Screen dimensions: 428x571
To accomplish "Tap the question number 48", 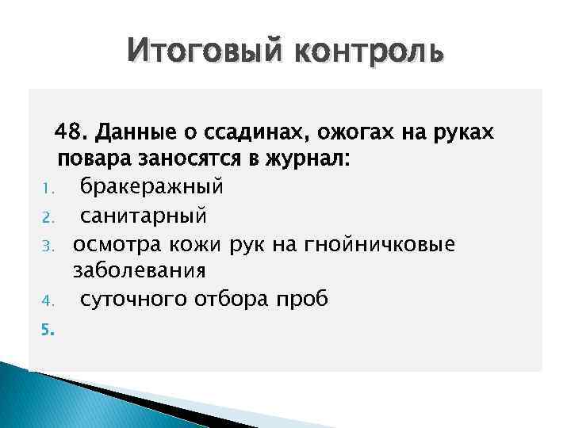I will point(71,131).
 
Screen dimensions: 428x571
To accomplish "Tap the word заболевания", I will point(140,270).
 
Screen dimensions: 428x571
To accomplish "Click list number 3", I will point(47,244).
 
